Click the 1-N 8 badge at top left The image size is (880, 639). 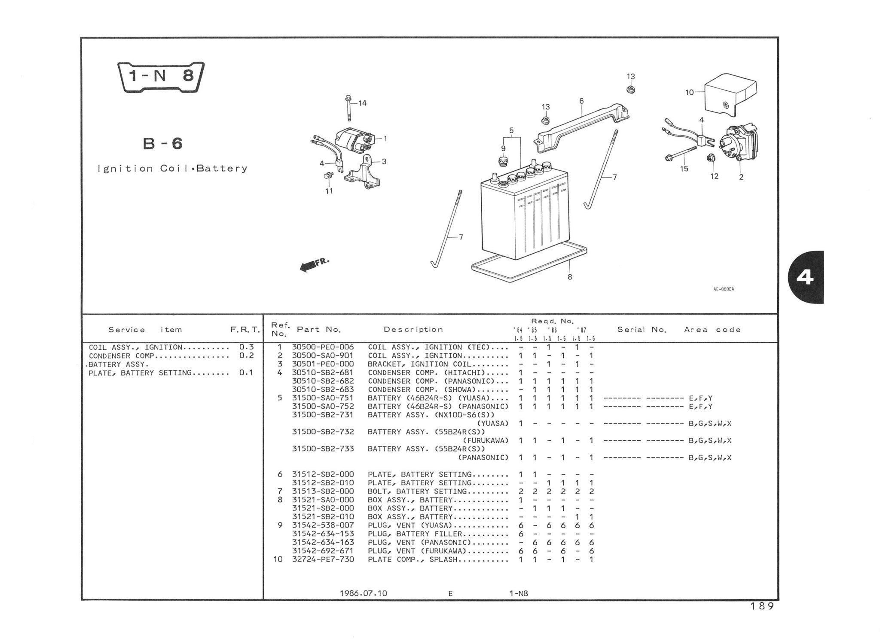pyautogui.click(x=161, y=77)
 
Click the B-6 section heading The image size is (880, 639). pyautogui.click(x=162, y=144)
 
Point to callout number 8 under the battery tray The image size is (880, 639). pyautogui.click(x=570, y=277)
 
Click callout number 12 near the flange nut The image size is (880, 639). pyautogui.click(x=714, y=176)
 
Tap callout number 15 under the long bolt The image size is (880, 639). pyautogui.click(x=684, y=169)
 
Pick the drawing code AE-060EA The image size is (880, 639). pyautogui.click(x=724, y=289)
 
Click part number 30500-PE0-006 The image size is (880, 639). pyautogui.click(x=323, y=347)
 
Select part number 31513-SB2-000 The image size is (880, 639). pyautogui.click(x=323, y=491)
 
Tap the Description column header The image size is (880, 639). pyautogui.click(x=413, y=330)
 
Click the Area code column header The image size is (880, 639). pyautogui.click(x=712, y=330)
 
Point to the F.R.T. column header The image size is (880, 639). pyautogui.click(x=245, y=330)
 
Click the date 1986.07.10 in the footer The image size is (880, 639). pyautogui.click(x=363, y=594)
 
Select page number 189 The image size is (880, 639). pyautogui.click(x=762, y=606)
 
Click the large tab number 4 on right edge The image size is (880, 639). pyautogui.click(x=804, y=278)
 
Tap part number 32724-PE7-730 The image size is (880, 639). pyautogui.click(x=323, y=560)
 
